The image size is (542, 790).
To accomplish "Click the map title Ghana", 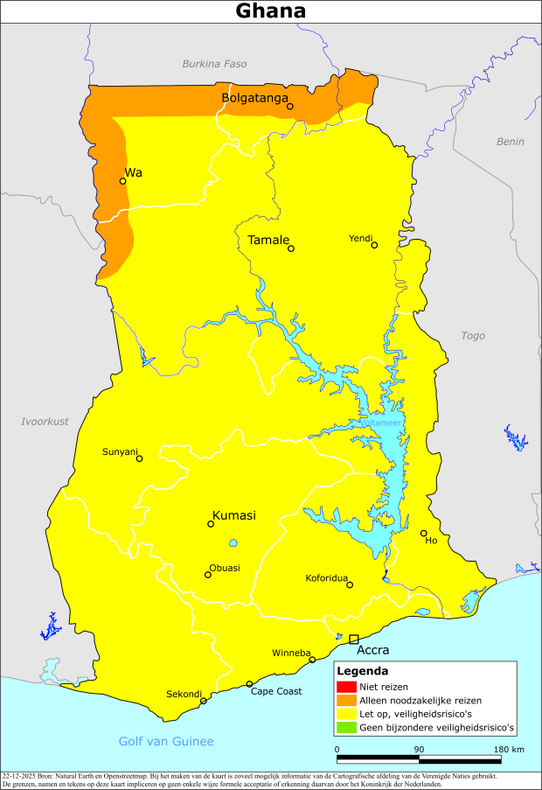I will coord(271,11).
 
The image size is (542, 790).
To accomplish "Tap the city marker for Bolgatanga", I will coord(290,108).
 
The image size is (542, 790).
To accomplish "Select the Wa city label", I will coord(133,172).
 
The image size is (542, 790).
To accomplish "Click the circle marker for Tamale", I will coord(291,248).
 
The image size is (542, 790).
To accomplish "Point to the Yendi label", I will coord(360,238).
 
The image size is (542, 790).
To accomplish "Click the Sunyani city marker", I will coord(139,458).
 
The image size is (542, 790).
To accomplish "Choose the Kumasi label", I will coord(233,515).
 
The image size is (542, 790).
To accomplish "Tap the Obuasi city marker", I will coord(208,575).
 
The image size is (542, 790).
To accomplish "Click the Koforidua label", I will coord(326,578).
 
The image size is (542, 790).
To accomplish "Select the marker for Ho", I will coord(423,533).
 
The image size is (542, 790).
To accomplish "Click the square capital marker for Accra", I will coord(354,640).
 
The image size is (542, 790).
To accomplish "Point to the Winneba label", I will coord(290,652).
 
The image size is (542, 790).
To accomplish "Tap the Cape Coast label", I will coord(276,691).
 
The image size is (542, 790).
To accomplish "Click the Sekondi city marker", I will coord(204,701).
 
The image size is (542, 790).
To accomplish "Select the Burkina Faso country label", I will coord(214,64).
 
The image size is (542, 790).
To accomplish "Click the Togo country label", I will coord(472,335).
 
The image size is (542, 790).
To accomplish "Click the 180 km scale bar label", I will coord(509,749).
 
